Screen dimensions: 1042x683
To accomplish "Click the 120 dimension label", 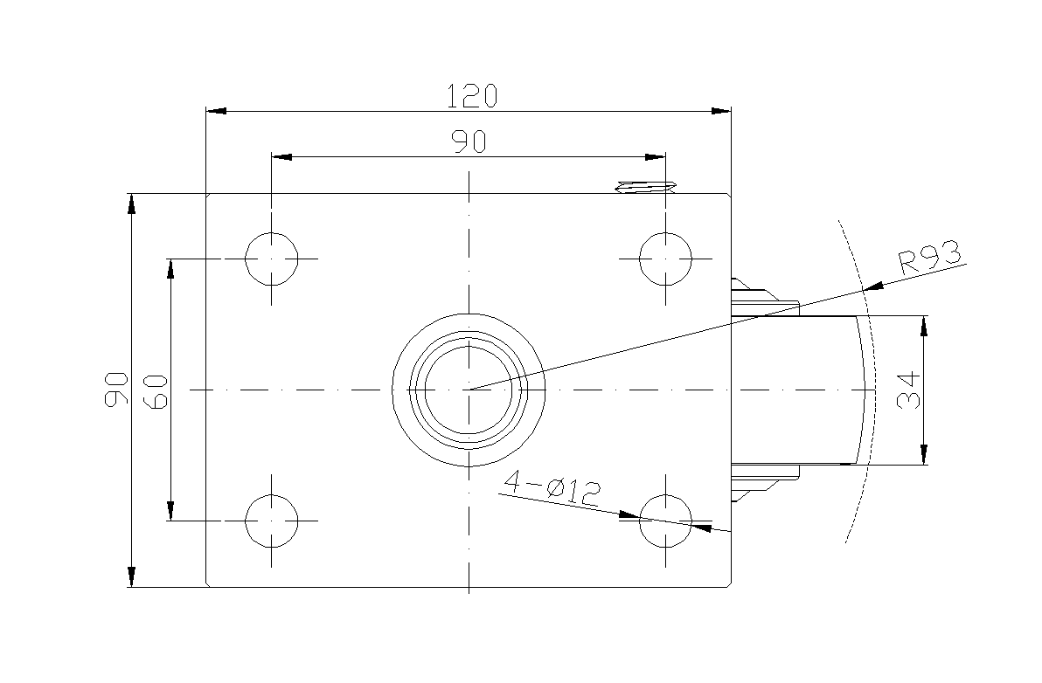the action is coord(471,96).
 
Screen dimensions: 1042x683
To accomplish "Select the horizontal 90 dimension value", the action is coord(469,142).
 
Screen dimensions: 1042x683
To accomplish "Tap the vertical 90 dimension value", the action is coord(117,389).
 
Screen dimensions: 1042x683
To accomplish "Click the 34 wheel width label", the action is coord(908,390).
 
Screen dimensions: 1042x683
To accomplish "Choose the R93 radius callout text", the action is coord(930,259).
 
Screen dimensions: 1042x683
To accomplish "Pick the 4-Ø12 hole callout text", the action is coord(552,488).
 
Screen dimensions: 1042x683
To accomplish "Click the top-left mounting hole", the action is coord(271,259).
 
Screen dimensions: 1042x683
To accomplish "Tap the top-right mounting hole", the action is coord(665,259).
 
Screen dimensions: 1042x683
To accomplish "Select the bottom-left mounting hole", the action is coord(271,521).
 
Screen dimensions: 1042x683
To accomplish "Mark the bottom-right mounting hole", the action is coord(665,521).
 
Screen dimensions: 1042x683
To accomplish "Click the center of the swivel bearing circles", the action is coord(469,390).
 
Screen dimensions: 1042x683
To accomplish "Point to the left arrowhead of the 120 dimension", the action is coord(216,111).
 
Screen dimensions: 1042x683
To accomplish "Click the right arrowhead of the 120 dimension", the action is coord(721,111).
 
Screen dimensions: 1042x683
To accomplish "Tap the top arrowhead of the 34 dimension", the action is coord(924,326).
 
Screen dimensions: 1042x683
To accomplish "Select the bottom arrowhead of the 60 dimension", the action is coord(170,510).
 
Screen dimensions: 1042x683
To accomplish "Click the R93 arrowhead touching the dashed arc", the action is coord(874,286).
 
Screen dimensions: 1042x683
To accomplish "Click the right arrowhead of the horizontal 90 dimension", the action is coord(656,157).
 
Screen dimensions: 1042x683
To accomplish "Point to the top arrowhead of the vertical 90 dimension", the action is coord(132,204).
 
